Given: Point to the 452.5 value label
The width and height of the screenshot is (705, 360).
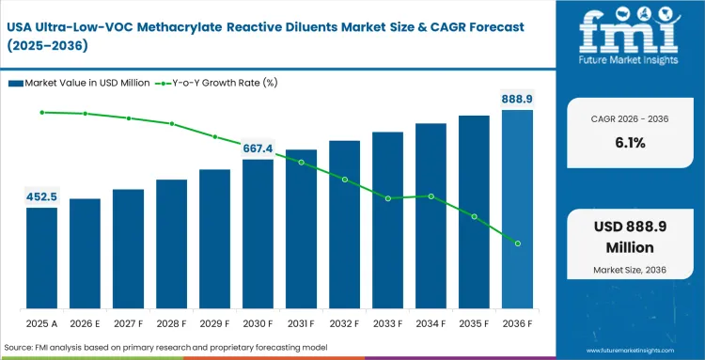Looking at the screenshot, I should pos(41,196).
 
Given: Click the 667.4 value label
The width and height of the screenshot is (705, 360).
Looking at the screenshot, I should pos(258,149).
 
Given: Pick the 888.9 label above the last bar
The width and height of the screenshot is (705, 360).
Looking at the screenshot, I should pos(516,98).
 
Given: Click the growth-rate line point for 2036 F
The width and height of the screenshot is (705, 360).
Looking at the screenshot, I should pos(517,243).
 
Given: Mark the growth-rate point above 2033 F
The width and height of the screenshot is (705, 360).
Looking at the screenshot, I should pos(387,198).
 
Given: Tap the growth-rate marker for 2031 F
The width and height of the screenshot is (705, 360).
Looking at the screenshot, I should pos(301,163).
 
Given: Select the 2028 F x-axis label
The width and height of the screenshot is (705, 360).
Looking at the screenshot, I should pos(171,323).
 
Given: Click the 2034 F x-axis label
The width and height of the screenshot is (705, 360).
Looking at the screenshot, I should pos(431,323).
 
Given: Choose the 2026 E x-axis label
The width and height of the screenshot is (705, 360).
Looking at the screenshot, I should pos(85,323).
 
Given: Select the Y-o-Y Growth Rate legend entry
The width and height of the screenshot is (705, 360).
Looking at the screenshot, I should pos(217,83).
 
